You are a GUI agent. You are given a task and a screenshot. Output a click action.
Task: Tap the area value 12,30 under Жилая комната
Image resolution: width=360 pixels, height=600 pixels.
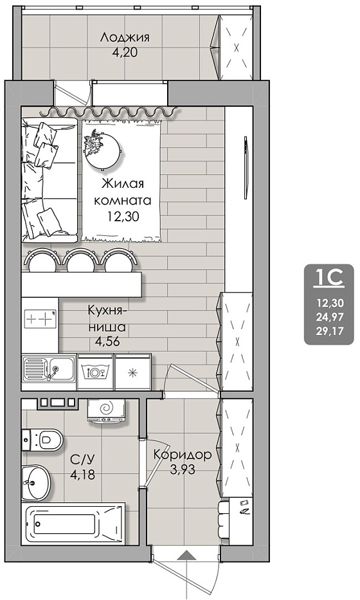tap(123, 217)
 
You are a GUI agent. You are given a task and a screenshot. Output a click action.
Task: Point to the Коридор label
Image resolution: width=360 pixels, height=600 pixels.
tap(182, 455)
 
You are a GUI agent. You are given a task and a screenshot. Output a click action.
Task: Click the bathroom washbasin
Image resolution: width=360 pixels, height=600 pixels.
tap(36, 482)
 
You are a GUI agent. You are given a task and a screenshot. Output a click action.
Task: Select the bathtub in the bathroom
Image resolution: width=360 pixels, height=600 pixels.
tap(73, 523)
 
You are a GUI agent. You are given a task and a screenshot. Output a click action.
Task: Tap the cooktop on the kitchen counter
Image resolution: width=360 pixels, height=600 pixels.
tap(40, 318)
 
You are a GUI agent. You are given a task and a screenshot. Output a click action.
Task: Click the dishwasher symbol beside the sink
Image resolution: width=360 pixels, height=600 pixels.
tap(95, 371)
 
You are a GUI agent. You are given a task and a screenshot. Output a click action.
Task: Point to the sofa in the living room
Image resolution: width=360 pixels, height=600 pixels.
tap(50, 180)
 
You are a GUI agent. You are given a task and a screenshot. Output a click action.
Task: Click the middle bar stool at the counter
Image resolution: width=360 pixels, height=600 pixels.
tap(79, 260)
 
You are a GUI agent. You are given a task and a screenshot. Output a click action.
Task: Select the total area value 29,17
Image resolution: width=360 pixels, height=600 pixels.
tap(330, 330)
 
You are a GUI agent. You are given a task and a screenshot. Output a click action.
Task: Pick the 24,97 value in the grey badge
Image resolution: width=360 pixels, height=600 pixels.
tap(330, 316)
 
